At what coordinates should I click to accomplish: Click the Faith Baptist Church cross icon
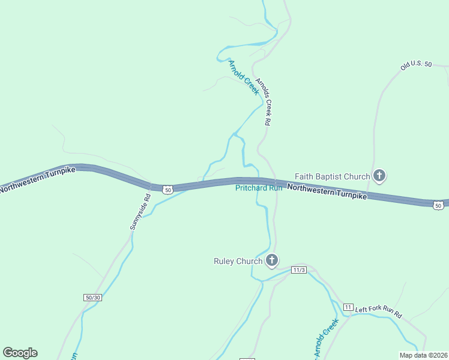[379, 176]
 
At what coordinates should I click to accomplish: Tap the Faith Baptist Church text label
[332, 176]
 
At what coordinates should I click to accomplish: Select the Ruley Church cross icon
[272, 260]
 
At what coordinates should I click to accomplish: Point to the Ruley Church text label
[238, 261]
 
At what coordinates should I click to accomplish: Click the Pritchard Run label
[258, 188]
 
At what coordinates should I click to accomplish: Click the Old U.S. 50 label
[417, 65]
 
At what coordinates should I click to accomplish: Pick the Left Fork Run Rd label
[378, 311]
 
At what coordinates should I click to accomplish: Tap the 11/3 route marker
[300, 270]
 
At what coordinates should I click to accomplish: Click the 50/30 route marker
[92, 297]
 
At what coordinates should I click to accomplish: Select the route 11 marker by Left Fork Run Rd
[348, 307]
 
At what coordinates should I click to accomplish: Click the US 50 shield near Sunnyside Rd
[168, 189]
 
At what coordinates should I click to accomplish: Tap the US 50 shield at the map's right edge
[438, 205]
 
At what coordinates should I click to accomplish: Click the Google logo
[20, 353]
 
